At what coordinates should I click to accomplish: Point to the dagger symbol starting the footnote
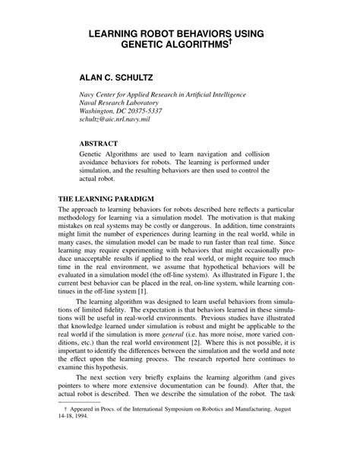pyautogui.click(x=68, y=442)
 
